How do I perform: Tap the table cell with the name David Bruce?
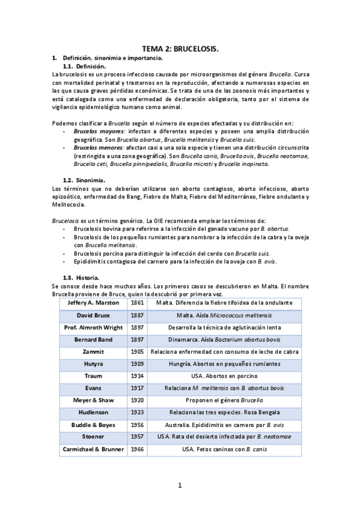(x=93, y=315)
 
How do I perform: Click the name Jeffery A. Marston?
(x=93, y=303)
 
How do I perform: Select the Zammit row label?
(x=93, y=351)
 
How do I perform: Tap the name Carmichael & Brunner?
(x=93, y=449)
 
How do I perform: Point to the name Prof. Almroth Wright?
(x=93, y=327)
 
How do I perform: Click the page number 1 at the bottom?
(x=180, y=485)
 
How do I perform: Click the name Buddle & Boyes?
(x=93, y=425)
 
